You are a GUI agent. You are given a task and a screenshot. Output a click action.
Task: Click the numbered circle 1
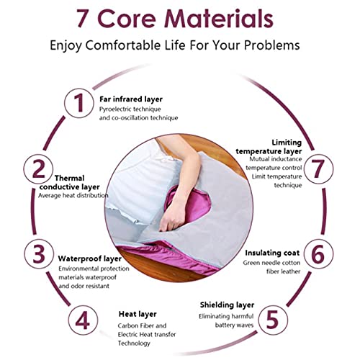coord(78,103)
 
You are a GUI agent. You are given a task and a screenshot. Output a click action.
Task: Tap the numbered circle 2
coord(38,169)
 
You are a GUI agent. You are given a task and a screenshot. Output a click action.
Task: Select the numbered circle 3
coord(39,254)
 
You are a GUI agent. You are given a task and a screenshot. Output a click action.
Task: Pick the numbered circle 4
coord(83,320)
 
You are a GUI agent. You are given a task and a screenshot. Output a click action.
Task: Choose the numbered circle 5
coord(273,320)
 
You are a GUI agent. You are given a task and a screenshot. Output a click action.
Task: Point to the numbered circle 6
coord(318,254)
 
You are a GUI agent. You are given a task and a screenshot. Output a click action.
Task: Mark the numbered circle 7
coord(318,169)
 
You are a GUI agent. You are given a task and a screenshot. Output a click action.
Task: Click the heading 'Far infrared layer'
coord(131,99)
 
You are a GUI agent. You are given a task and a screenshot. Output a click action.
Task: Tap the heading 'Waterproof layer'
coord(89,259)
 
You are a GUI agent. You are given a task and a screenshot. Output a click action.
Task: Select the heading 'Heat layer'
coord(138,314)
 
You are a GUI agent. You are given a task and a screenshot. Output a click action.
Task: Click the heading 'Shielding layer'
coord(227,305)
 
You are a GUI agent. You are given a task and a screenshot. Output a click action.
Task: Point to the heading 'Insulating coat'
coord(272,253)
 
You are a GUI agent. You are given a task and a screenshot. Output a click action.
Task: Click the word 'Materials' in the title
coord(220,19)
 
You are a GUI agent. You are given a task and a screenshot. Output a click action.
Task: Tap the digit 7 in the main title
coord(83,19)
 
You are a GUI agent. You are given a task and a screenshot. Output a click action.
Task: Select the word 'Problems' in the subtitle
coord(272,45)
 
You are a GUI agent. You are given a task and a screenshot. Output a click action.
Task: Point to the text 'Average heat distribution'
coord(73,196)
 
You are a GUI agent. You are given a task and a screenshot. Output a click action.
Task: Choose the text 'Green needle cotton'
coord(271,263)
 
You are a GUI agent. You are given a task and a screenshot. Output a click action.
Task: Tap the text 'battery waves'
coord(234,325)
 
